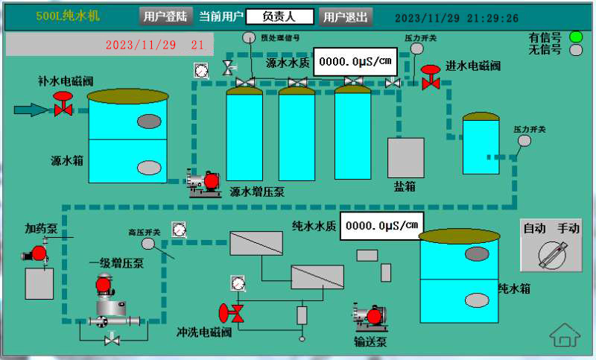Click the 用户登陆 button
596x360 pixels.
165,16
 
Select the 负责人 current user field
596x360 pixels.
279,16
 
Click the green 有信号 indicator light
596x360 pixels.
575,37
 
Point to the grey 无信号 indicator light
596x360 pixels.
575,51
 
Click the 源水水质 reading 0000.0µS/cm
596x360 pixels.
355,62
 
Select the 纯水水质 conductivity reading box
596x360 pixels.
382,225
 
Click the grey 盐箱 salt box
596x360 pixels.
405,157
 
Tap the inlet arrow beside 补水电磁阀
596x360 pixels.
31,110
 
